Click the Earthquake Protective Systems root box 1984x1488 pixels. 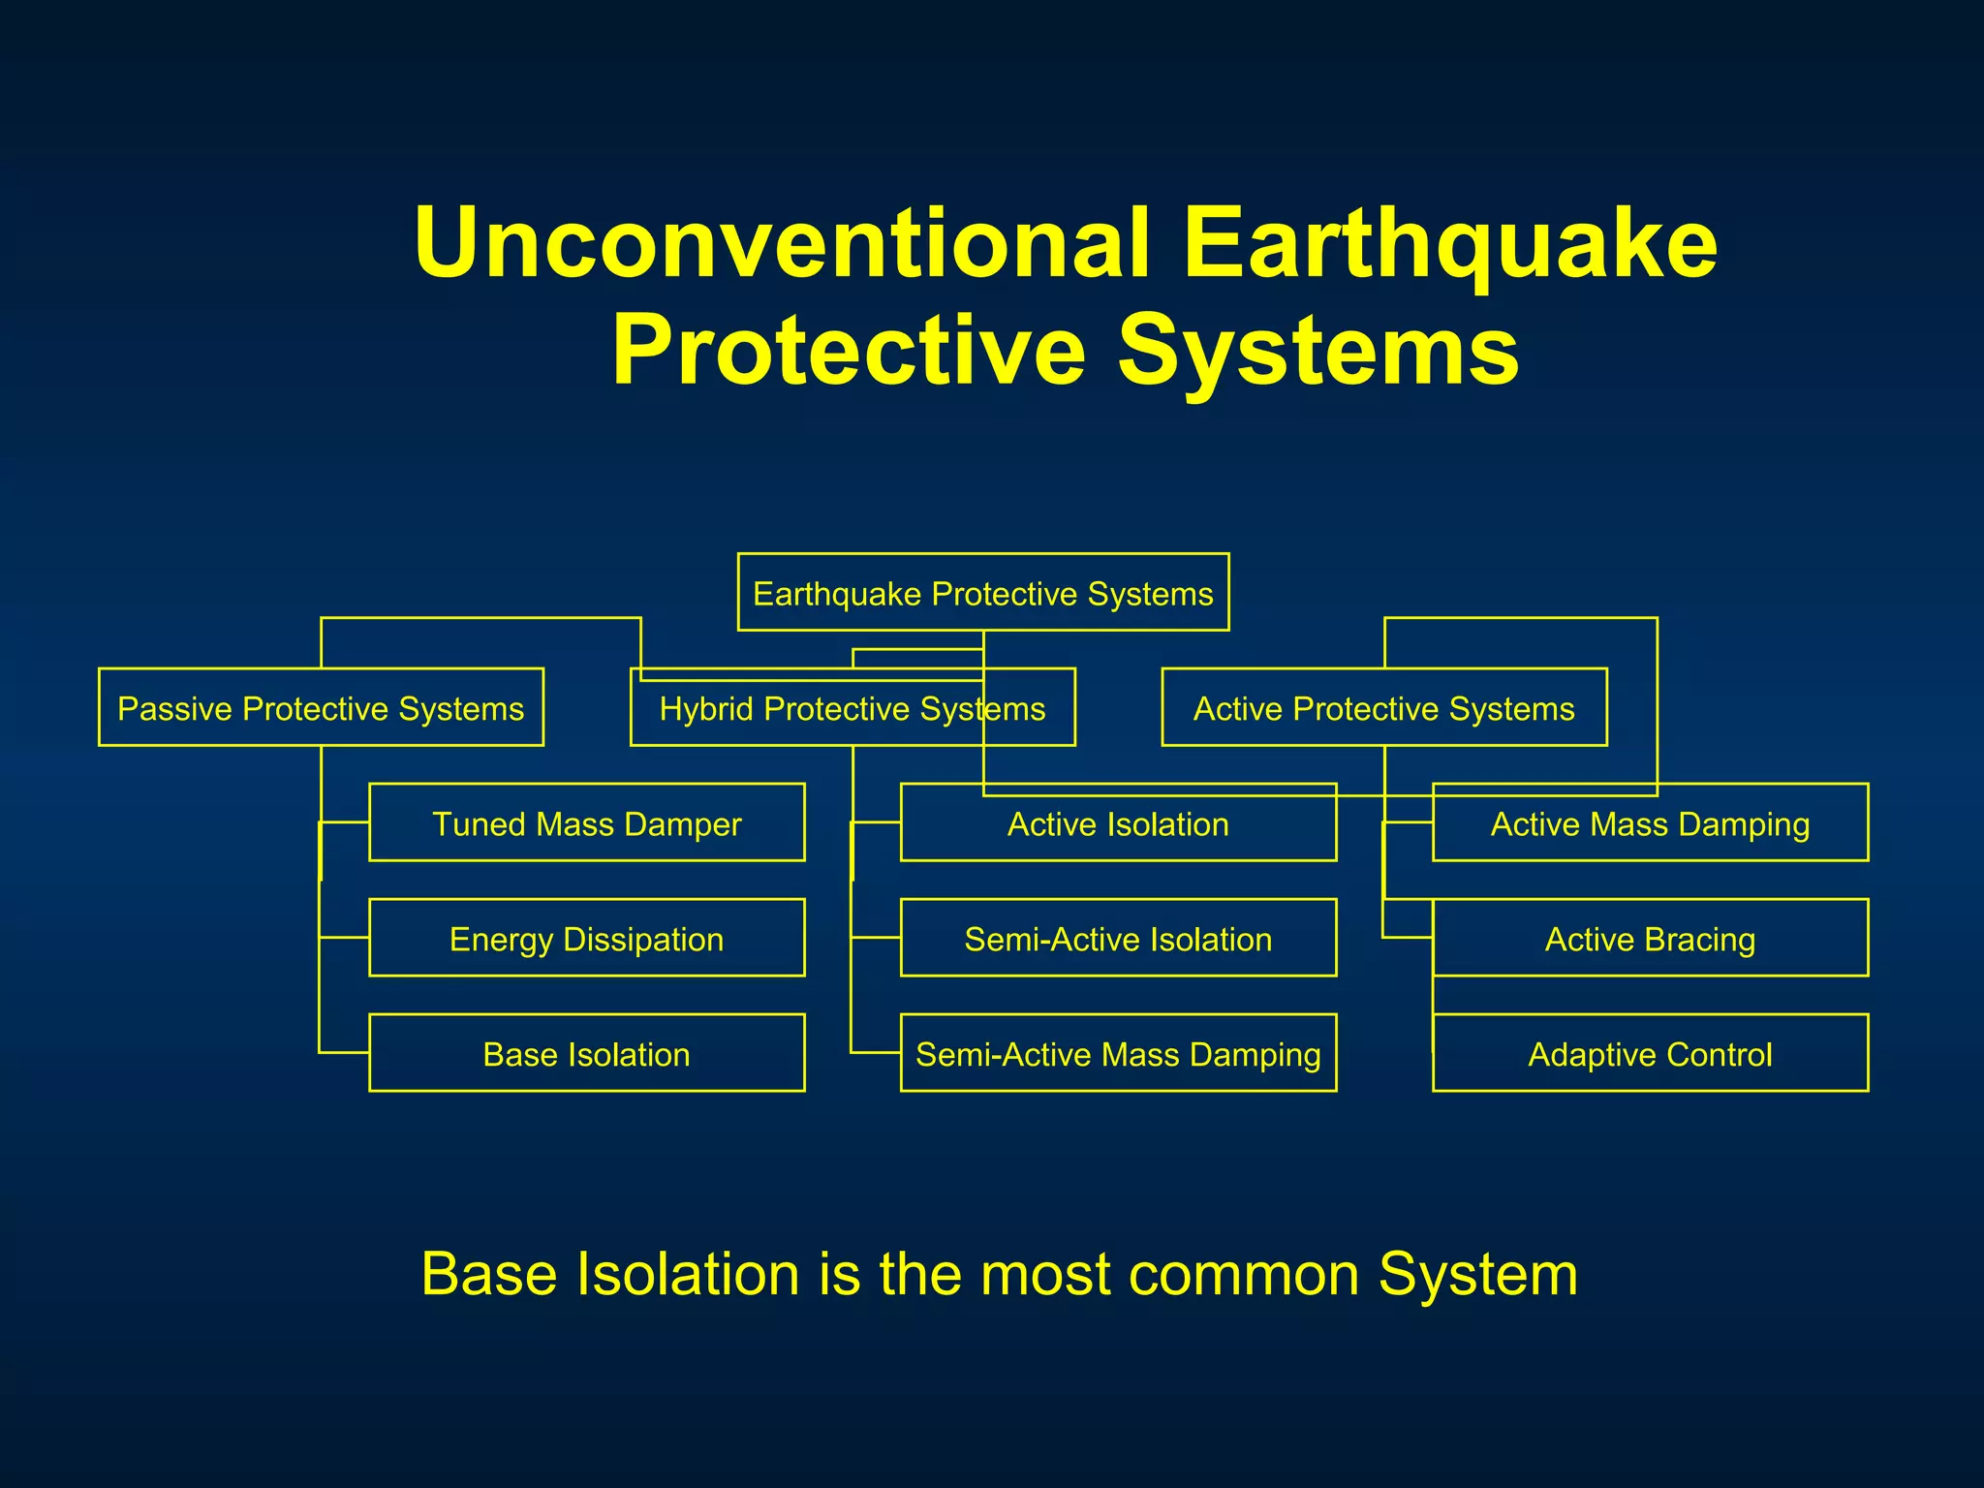(x=982, y=593)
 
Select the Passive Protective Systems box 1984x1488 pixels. (x=321, y=708)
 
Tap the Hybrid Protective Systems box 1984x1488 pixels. (x=852, y=708)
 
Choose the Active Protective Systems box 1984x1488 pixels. (x=1383, y=708)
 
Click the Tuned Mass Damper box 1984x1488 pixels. (x=586, y=823)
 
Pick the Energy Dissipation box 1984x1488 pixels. (x=586, y=939)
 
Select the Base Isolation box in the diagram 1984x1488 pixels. (x=586, y=1054)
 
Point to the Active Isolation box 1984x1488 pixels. (x=1118, y=823)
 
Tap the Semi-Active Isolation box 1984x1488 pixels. (x=1118, y=939)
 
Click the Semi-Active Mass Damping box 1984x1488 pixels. (x=1118, y=1054)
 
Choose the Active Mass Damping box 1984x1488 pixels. (x=1650, y=823)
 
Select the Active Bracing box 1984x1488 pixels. (x=1650, y=939)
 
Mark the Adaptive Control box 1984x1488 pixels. (x=1650, y=1054)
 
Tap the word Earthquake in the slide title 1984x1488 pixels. (x=1449, y=242)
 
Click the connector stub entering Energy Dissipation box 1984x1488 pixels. (x=344, y=938)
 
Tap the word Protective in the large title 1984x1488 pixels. (x=848, y=351)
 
